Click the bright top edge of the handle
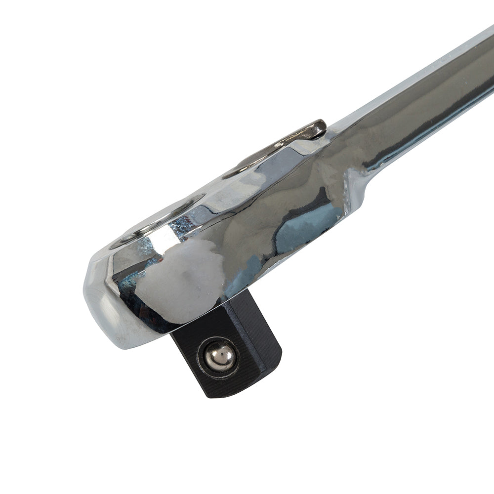point(420,74)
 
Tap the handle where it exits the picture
point(487,64)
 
